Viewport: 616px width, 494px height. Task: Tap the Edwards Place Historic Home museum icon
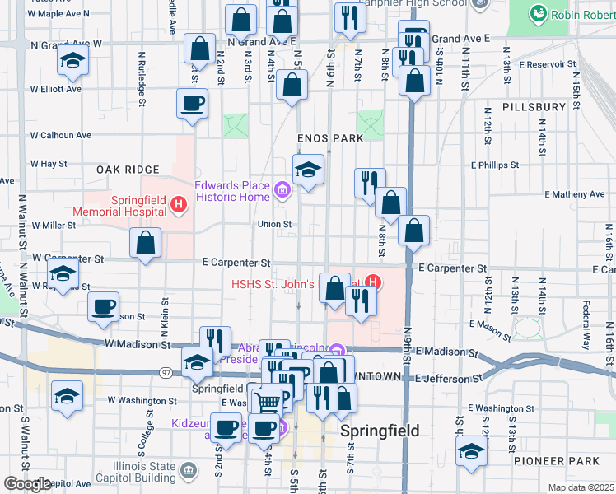[x=282, y=193]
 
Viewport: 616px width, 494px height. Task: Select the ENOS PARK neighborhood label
[x=331, y=138]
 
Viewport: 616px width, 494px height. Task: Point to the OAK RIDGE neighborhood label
[x=128, y=169]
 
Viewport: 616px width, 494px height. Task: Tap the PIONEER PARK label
[x=551, y=461]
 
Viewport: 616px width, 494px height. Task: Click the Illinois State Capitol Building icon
[x=189, y=471]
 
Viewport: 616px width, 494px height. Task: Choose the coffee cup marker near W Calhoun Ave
[x=193, y=104]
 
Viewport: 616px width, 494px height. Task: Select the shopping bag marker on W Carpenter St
[x=146, y=244]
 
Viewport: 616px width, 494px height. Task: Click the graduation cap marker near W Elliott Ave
[x=72, y=60]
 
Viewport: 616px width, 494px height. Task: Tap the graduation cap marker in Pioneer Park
[x=470, y=451]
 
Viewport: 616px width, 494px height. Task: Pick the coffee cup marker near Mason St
[x=104, y=306]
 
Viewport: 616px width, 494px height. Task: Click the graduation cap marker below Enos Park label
[x=309, y=170]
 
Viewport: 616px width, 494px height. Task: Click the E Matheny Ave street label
[x=575, y=194]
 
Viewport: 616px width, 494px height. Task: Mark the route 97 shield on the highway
[x=167, y=373]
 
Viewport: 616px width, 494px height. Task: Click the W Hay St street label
[x=48, y=164]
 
